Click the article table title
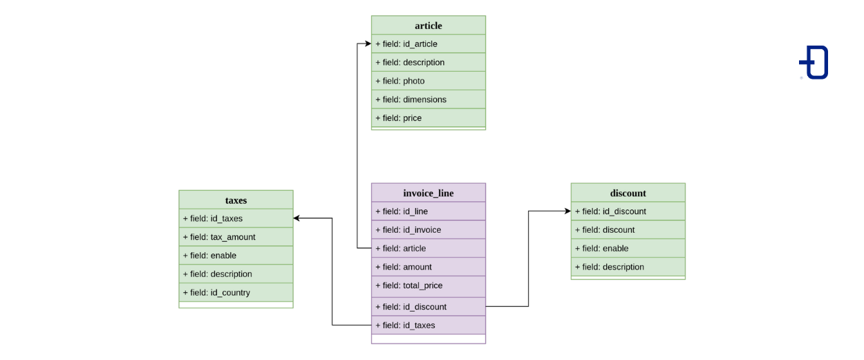pos(428,26)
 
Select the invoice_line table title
pos(428,193)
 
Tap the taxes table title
pos(236,200)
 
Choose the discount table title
pos(628,193)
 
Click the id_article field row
pos(428,44)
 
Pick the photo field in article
pos(428,81)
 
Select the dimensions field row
pos(428,100)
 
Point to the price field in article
pos(428,118)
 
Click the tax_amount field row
pos(236,237)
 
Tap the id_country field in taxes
pos(236,292)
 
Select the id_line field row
pos(428,211)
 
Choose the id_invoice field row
pos(428,229)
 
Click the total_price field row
pos(428,286)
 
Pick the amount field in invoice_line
pos(428,267)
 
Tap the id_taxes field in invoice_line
pos(428,325)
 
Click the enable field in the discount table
pos(628,248)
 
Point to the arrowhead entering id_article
pos(368,44)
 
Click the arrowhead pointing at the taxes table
pos(297,218)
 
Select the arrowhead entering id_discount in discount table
pos(567,211)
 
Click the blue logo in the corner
pos(814,62)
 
